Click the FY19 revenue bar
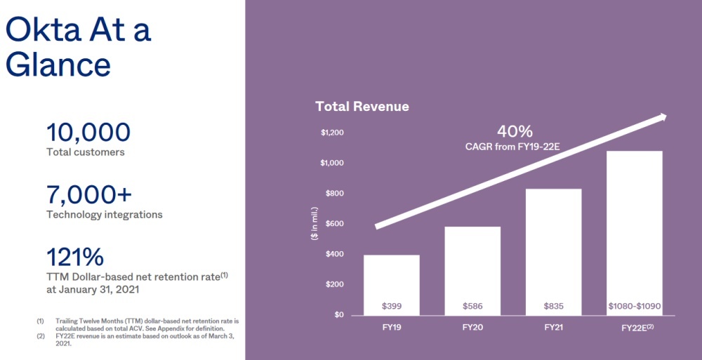click(392, 281)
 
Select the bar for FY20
click(472, 267)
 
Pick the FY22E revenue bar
click(634, 225)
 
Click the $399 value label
click(392, 306)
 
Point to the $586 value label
click(472, 306)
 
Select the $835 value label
click(553, 306)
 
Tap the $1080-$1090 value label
click(634, 306)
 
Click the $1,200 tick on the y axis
click(332, 133)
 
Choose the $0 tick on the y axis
click(339, 314)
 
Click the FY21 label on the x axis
click(553, 327)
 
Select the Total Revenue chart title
click(362, 107)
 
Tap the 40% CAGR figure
click(515, 131)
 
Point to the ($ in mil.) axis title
click(314, 224)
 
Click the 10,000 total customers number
click(88, 133)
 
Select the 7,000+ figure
click(89, 194)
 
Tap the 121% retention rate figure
click(74, 256)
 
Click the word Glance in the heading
click(58, 65)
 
